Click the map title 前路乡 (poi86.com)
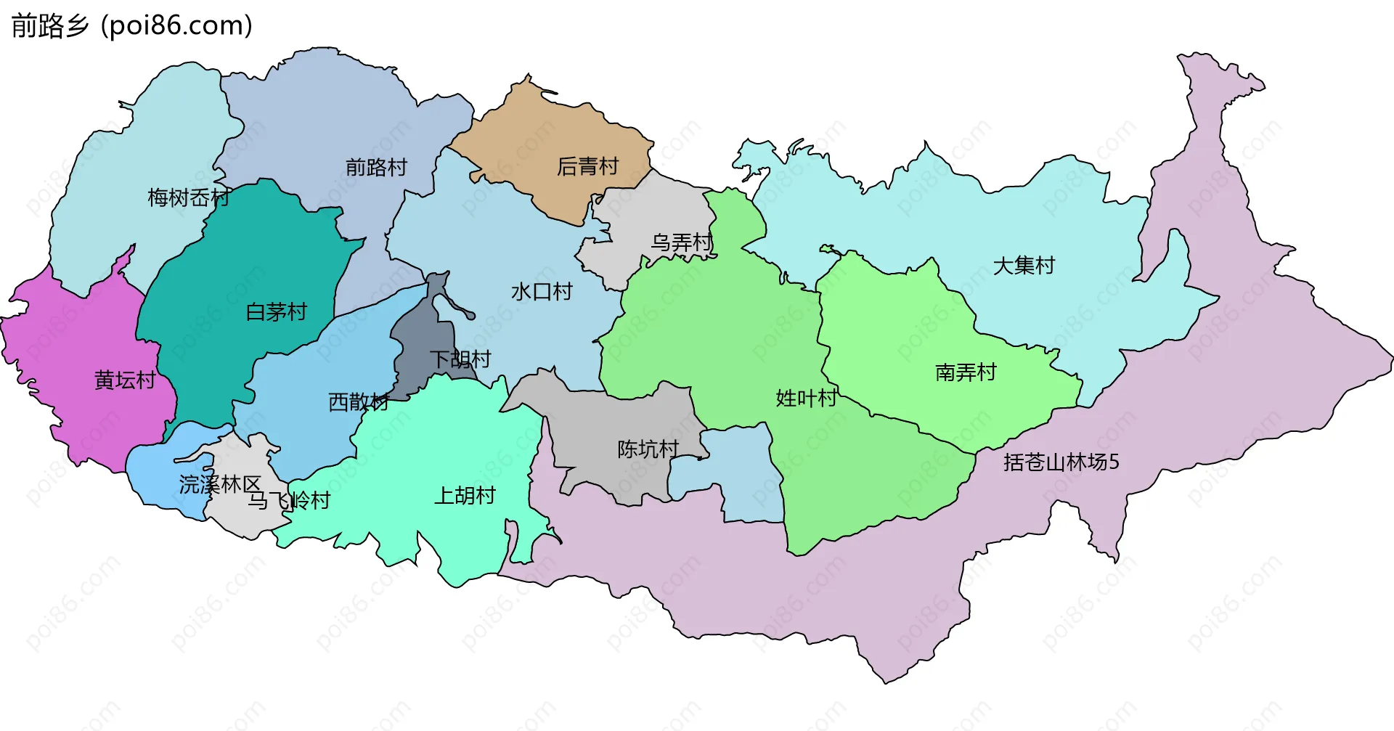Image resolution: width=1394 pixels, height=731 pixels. (131, 25)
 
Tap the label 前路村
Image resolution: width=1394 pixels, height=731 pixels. (376, 168)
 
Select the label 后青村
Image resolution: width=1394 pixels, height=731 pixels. (587, 167)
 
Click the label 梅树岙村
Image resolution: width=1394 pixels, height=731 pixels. (188, 197)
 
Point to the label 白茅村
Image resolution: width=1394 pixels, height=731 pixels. (276, 312)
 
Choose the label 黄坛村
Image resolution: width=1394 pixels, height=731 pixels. (125, 380)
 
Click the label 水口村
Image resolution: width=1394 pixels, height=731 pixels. (542, 292)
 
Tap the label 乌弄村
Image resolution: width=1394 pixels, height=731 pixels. (681, 242)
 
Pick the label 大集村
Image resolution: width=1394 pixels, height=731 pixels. (1024, 266)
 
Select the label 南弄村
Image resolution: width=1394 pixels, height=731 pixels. (966, 373)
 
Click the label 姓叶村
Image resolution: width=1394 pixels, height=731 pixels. (806, 399)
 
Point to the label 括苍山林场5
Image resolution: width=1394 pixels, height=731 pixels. (1061, 462)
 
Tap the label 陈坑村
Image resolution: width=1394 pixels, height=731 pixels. (648, 449)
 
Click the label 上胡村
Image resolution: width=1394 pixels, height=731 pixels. (465, 496)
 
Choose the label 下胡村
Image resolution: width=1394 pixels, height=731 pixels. (460, 359)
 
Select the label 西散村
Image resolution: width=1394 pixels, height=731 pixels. (359, 402)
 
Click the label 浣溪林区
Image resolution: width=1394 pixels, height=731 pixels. (220, 484)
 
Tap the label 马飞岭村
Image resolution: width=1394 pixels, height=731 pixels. (289, 501)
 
